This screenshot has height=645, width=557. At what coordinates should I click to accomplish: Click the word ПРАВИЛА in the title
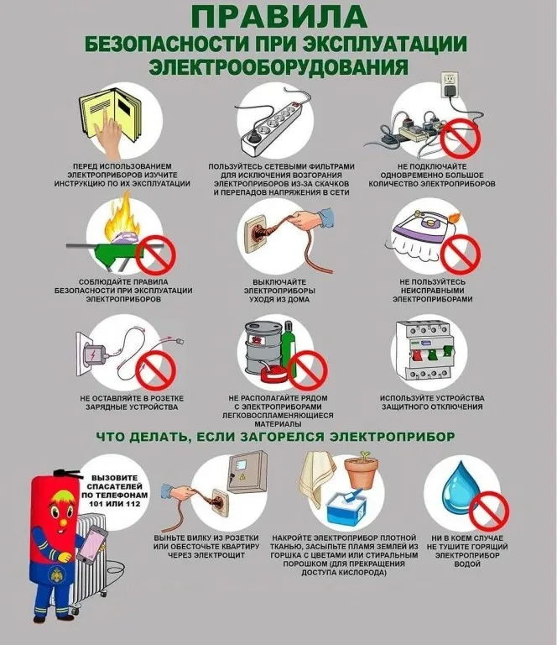(x=278, y=17)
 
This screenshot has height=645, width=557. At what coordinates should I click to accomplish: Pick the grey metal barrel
(x=263, y=348)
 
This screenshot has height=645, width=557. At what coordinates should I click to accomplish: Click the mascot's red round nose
(x=62, y=523)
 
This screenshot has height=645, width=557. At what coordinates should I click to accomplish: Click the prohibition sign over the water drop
(x=489, y=512)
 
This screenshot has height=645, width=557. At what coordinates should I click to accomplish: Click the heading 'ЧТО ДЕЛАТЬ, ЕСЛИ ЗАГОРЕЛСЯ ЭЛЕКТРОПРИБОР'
(x=275, y=437)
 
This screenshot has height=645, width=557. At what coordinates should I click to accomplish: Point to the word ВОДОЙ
(x=467, y=564)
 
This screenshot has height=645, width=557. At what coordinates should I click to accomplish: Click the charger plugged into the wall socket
(x=96, y=354)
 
